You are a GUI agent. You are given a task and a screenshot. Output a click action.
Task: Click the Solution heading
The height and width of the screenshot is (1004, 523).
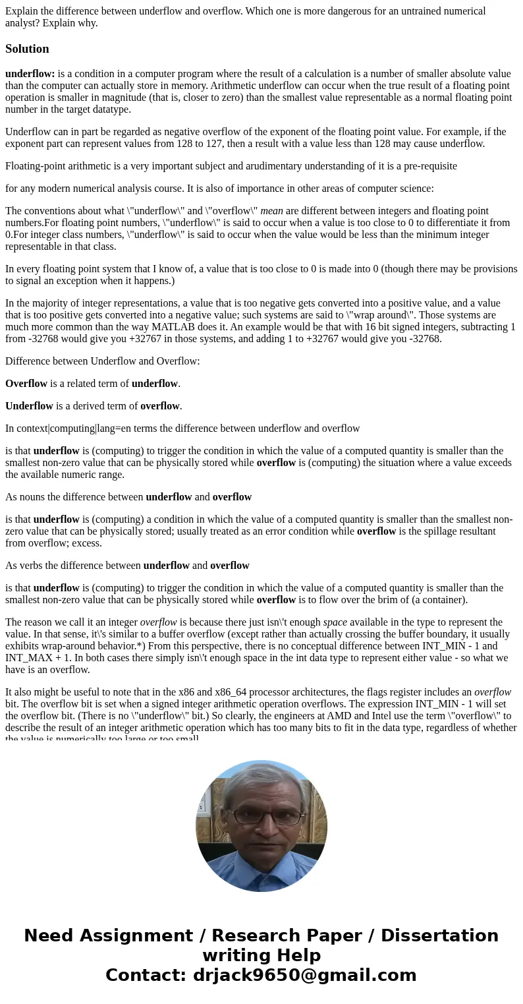tap(27, 49)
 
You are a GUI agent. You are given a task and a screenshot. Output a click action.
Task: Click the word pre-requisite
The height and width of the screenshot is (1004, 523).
tap(427, 166)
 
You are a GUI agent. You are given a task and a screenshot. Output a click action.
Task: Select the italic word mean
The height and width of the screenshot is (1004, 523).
tap(271, 211)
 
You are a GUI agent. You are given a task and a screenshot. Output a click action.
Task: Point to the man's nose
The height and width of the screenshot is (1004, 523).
tap(262, 825)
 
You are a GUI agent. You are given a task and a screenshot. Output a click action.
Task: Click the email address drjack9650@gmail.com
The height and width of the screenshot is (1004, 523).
tap(304, 975)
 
